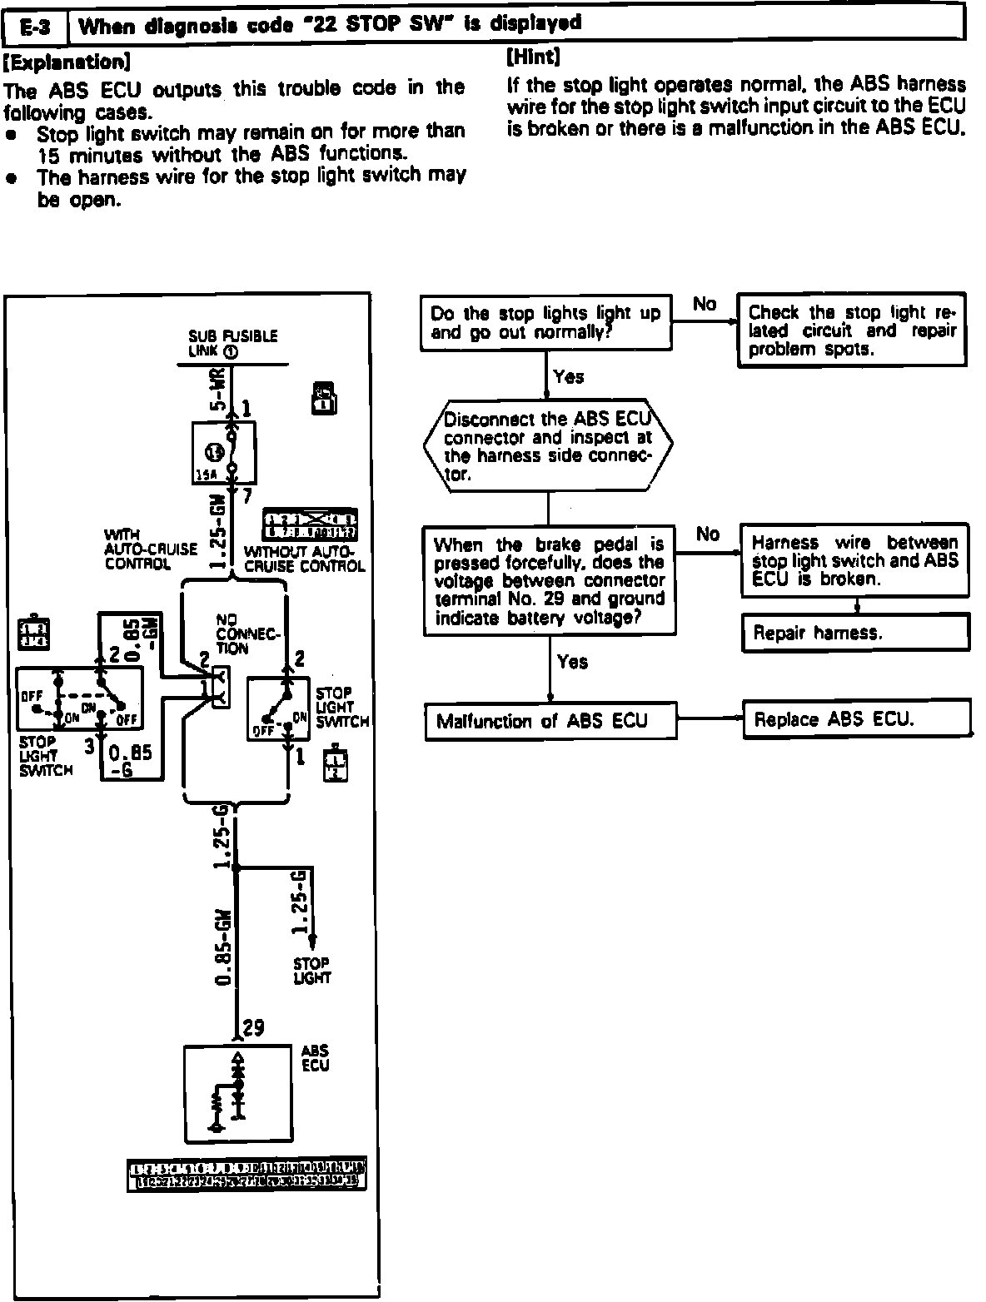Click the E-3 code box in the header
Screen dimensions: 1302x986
pyautogui.click(x=36, y=27)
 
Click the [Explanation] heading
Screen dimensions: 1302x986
pyautogui.click(x=67, y=62)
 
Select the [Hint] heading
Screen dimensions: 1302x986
pyautogui.click(x=533, y=57)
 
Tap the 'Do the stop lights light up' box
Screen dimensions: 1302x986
pyautogui.click(x=546, y=323)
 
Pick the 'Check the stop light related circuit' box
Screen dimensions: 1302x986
pyautogui.click(x=852, y=330)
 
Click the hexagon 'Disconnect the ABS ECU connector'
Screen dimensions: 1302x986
pyautogui.click(x=547, y=447)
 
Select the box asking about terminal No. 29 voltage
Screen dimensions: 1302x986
pyautogui.click(x=549, y=581)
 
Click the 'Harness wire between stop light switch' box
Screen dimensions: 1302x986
pyautogui.click(x=854, y=560)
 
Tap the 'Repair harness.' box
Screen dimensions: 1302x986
pyautogui.click(x=855, y=633)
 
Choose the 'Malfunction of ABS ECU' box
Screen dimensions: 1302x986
pyautogui.click(x=550, y=721)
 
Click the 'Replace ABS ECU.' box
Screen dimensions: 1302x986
pyautogui.click(x=856, y=719)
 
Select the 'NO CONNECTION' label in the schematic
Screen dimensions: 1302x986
pyautogui.click(x=247, y=634)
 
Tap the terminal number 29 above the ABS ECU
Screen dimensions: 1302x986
pyautogui.click(x=253, y=1028)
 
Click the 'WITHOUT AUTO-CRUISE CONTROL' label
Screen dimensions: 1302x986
pyautogui.click(x=303, y=559)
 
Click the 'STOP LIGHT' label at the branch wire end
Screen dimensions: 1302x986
pyautogui.click(x=311, y=971)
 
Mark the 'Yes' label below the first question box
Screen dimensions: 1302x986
pyautogui.click(x=569, y=377)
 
